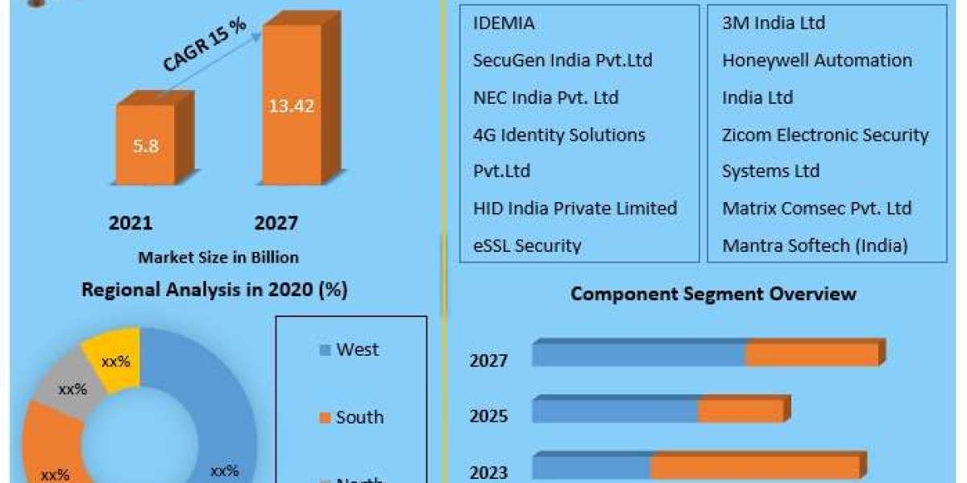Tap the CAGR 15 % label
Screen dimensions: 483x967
point(205,46)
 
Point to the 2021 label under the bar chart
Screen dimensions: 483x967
point(131,223)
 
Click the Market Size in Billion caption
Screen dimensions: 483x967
point(218,258)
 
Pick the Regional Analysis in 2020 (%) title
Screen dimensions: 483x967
point(214,291)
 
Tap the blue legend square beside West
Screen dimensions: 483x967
point(325,350)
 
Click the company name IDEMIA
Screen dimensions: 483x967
point(504,23)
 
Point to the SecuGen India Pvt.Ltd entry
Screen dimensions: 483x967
point(562,60)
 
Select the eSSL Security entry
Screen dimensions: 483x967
point(527,245)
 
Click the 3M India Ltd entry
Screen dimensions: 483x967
point(774,23)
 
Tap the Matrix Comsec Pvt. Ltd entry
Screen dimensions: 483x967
point(816,208)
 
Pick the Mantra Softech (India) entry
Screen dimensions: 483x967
point(815,245)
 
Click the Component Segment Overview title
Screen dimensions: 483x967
point(713,294)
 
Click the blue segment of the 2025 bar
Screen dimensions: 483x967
point(614,411)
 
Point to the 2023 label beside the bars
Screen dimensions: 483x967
point(489,473)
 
